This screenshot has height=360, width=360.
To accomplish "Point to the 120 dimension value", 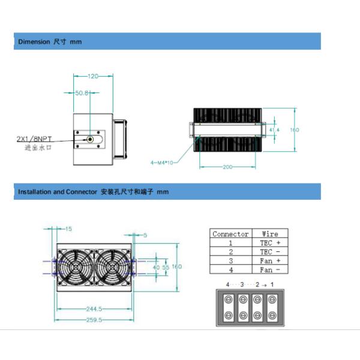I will click(93, 77).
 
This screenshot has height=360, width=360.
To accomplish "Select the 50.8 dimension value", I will click(82, 93).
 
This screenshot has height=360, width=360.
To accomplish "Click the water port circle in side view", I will click(90, 139).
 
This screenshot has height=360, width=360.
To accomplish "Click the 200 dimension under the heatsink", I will click(227, 167).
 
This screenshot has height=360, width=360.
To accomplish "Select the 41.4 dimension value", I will click(274, 130).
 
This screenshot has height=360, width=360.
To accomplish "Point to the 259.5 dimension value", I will click(95, 320).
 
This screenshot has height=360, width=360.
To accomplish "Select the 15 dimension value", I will click(68, 229).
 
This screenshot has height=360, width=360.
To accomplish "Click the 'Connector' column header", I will click(230, 234).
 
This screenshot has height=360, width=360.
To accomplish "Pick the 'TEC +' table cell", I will click(269, 243).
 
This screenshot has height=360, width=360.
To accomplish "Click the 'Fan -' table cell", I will click(269, 270).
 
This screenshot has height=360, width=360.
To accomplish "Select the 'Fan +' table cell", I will click(269, 261).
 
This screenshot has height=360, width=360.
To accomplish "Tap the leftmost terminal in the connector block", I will click(229, 307).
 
